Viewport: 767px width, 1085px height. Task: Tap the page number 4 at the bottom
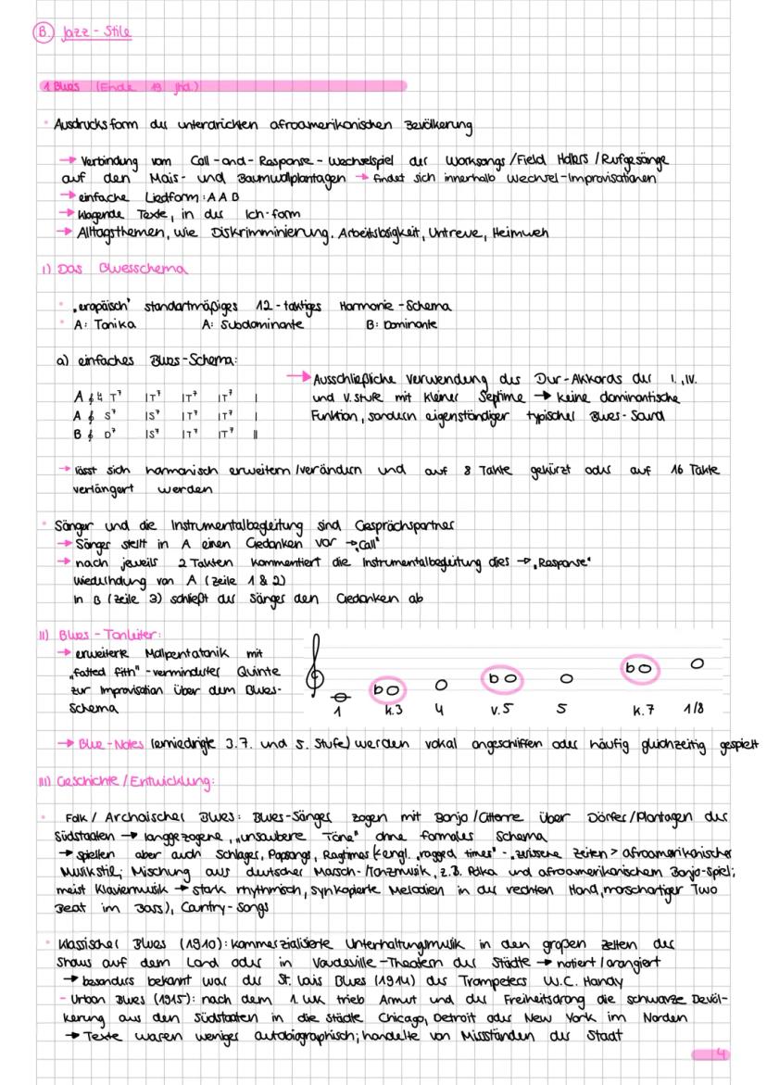tap(722, 1054)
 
